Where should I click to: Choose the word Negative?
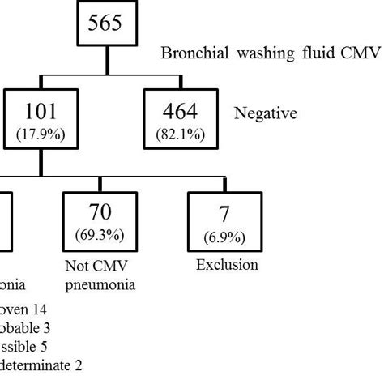[266, 115]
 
